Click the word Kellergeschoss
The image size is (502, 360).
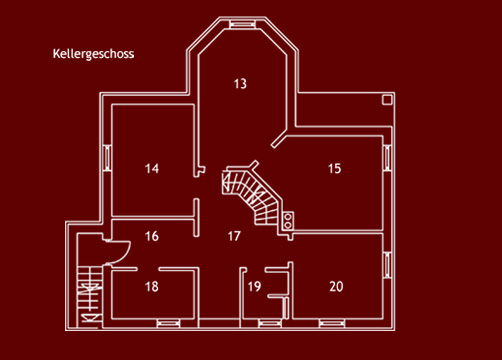pyautogui.click(x=92, y=55)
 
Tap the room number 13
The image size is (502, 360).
pyautogui.click(x=239, y=83)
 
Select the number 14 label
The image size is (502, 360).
pyautogui.click(x=151, y=168)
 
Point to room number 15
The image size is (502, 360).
pyautogui.click(x=334, y=168)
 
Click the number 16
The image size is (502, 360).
pyautogui.click(x=151, y=237)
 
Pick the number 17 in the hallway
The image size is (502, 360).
pyautogui.click(x=234, y=237)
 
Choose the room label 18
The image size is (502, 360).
pyautogui.click(x=151, y=287)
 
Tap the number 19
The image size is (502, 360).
pyautogui.click(x=254, y=288)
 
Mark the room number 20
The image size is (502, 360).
pyautogui.click(x=336, y=287)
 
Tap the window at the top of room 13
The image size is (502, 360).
pyautogui.click(x=241, y=22)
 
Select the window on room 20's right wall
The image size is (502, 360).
pyautogui.click(x=387, y=262)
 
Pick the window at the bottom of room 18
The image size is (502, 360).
pyautogui.click(x=167, y=322)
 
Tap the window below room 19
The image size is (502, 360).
pyautogui.click(x=268, y=322)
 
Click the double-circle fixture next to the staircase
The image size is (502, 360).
pyautogui.click(x=288, y=221)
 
